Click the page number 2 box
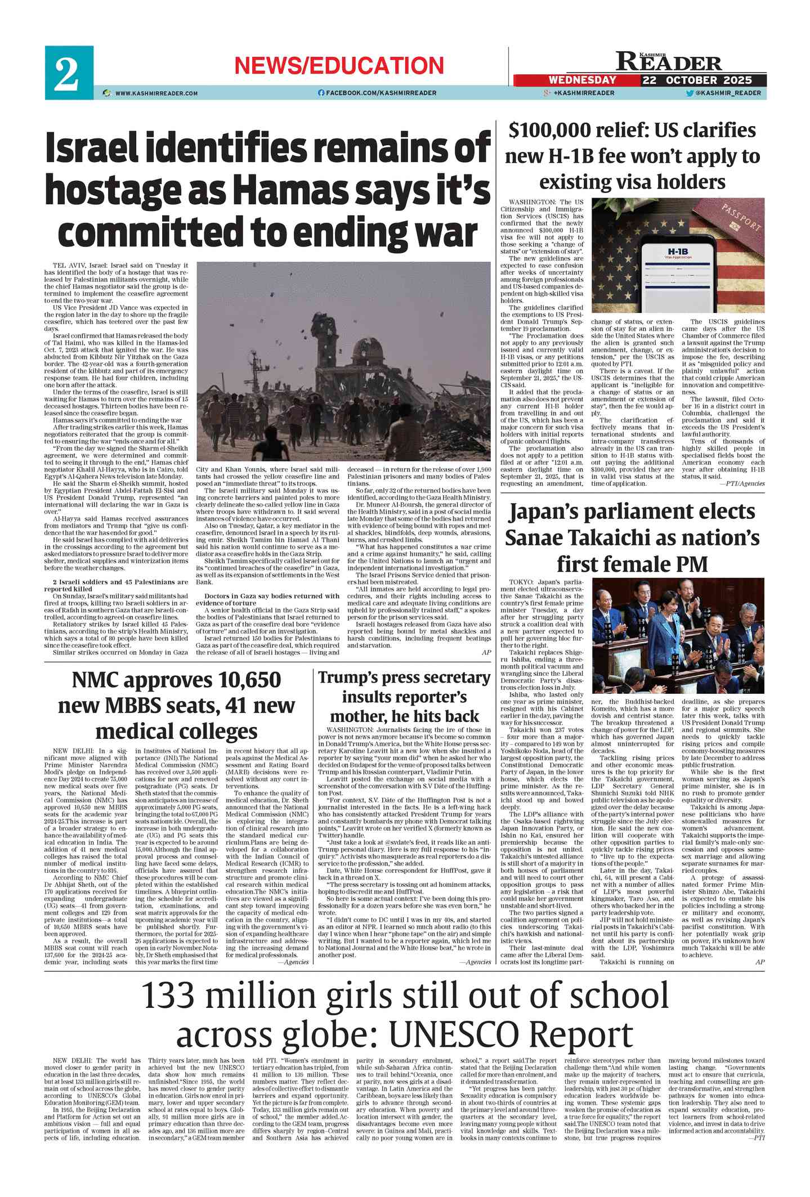pyautogui.click(x=69, y=73)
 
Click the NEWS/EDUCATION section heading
pyautogui.click(x=339, y=66)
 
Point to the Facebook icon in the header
pyautogui.click(x=321, y=93)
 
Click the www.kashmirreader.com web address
pyautogui.click(x=156, y=93)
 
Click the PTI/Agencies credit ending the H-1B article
pyautogui.click(x=745, y=483)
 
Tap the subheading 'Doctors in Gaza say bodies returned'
pyautogui.click(x=271, y=596)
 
